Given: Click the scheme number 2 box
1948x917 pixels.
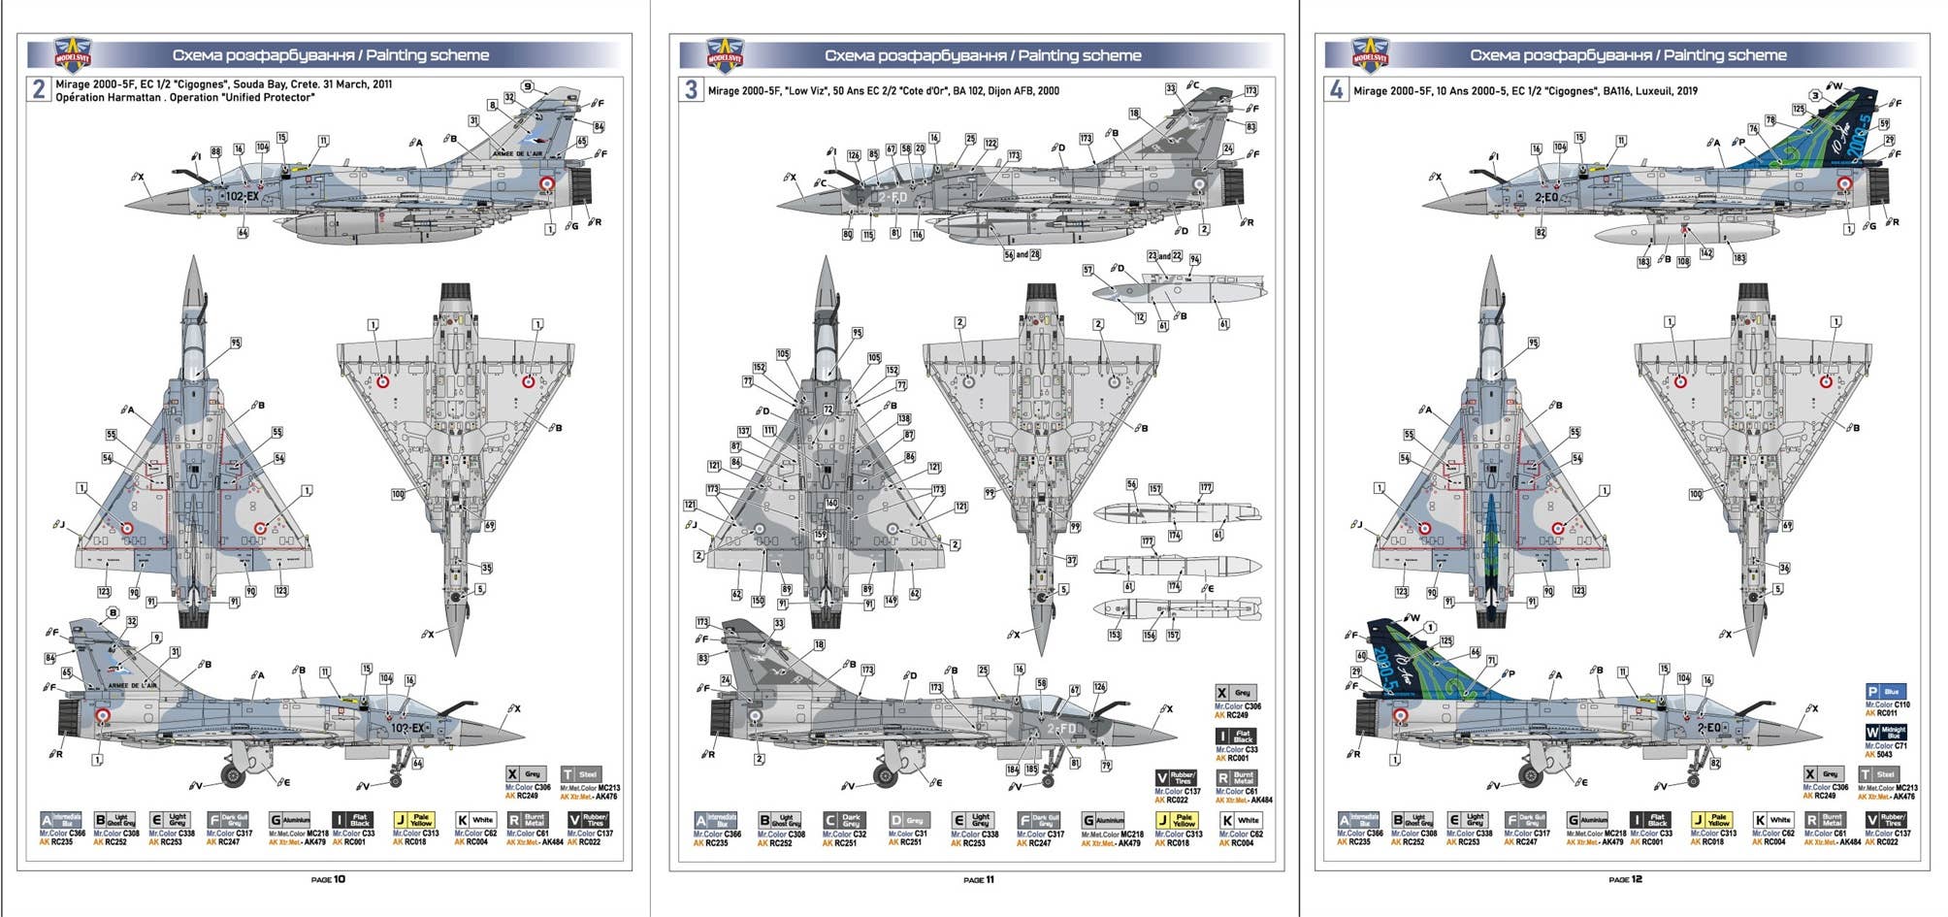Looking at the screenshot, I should pos(38,89).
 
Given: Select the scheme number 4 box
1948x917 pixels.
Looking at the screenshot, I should pos(1336,90).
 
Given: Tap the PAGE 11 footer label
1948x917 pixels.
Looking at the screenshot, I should pos(978,880).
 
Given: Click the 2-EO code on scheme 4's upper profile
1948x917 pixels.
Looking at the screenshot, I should pos(1545,197).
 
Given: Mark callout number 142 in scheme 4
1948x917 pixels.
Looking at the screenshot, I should pos(1706,253).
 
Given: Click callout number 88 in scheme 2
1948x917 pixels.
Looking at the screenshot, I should pos(215,151).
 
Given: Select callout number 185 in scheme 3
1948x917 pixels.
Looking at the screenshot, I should pos(1031,770).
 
